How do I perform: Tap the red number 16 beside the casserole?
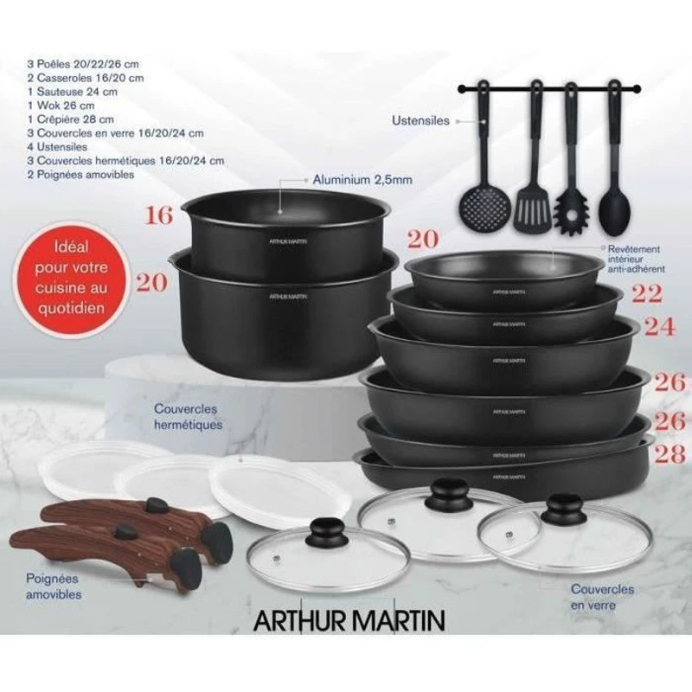click(159, 215)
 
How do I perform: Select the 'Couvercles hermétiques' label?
click(188, 416)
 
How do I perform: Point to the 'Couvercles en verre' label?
click(602, 597)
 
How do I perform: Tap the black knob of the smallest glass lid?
click(330, 529)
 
